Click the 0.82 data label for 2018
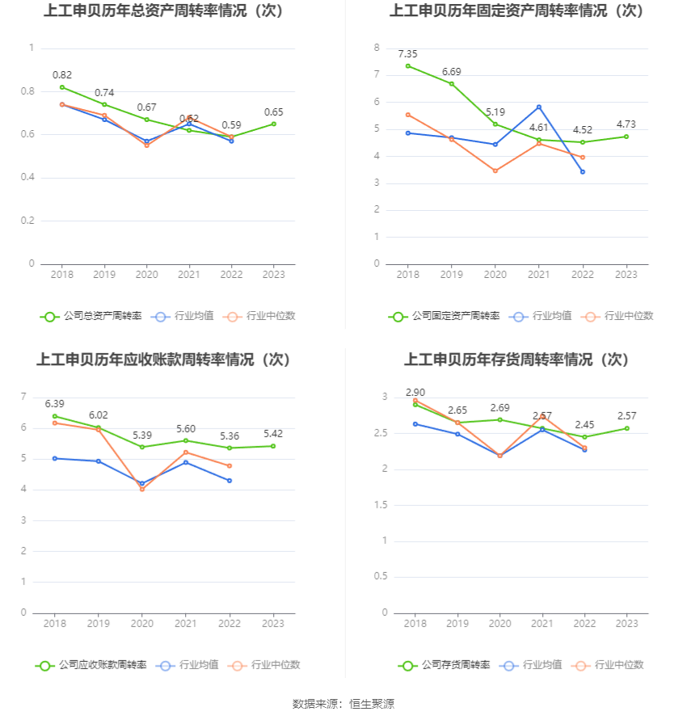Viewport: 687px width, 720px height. (62, 74)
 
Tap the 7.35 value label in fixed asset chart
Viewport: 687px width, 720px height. (408, 53)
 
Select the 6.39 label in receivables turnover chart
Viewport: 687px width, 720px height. (55, 403)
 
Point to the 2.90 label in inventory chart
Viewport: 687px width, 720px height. (415, 391)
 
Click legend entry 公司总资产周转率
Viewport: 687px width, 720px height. (91, 316)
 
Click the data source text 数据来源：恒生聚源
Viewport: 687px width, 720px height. (343, 704)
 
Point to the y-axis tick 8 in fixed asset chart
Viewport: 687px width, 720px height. (377, 48)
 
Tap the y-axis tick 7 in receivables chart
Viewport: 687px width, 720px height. (23, 396)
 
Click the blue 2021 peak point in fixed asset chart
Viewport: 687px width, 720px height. (539, 107)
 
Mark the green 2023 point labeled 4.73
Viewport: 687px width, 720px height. (626, 137)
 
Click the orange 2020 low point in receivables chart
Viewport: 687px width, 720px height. (142, 489)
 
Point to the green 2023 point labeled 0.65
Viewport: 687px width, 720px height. (273, 124)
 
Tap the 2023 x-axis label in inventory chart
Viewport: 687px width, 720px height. (626, 624)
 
